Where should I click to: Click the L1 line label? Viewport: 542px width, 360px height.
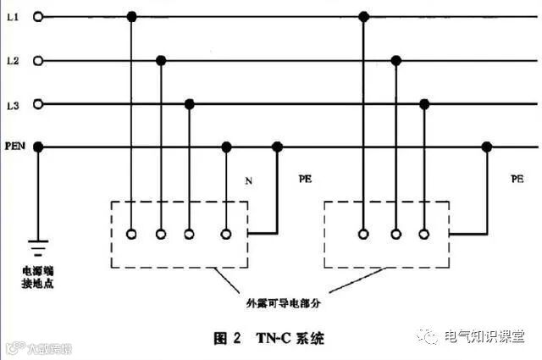[12, 16]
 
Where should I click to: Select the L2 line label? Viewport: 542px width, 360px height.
[12, 61]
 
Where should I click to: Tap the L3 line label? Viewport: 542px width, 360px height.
[12, 104]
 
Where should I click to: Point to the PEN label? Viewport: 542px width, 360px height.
[14, 147]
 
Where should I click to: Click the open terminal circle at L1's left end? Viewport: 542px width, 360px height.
[36, 16]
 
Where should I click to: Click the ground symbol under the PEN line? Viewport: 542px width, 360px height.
[37, 248]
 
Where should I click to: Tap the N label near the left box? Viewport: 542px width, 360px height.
[248, 181]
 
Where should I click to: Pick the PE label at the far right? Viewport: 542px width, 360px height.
[517, 180]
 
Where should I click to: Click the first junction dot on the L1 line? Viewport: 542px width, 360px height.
[130, 16]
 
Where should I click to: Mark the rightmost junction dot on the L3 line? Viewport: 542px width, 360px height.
[423, 104]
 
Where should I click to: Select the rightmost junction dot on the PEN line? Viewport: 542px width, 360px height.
[486, 147]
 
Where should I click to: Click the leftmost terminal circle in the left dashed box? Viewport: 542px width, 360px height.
[130, 233]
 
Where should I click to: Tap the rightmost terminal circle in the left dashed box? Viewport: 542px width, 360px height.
[225, 233]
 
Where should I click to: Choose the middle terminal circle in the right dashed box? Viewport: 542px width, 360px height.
[394, 233]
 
